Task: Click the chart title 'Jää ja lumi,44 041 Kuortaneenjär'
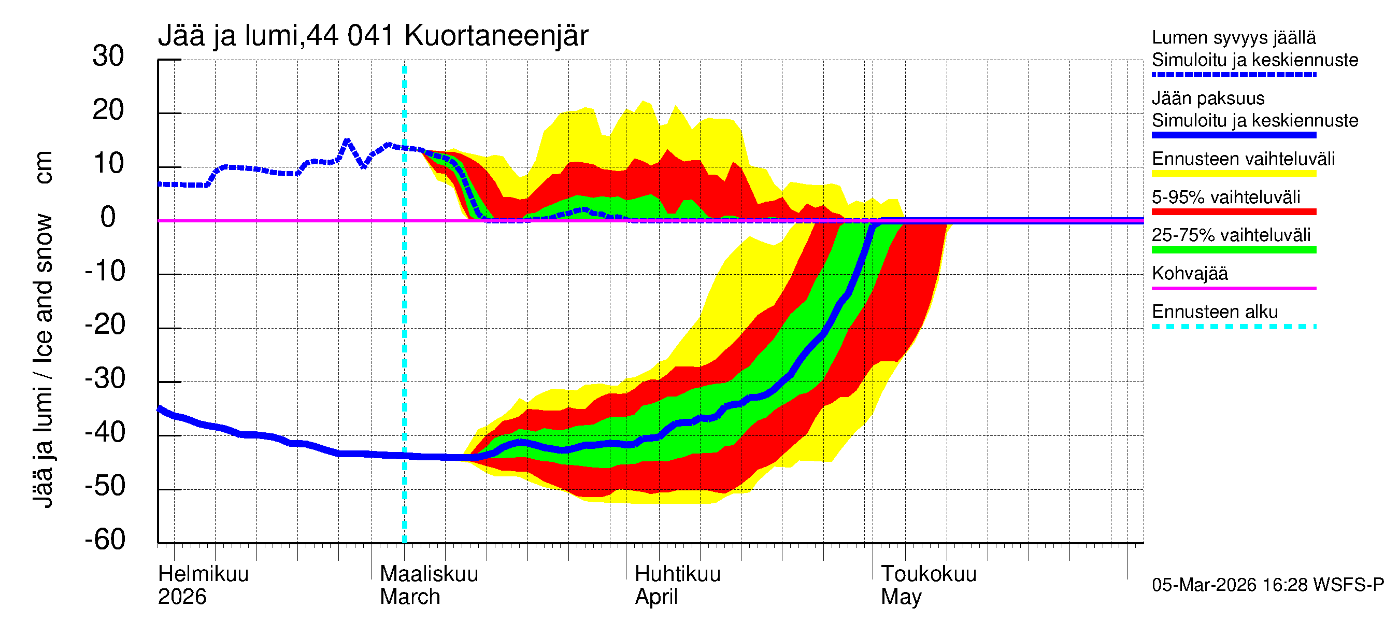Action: point(373,36)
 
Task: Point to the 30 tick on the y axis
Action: point(108,56)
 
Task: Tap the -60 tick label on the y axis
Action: point(105,540)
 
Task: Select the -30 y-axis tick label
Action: point(105,378)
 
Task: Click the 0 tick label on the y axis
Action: point(108,217)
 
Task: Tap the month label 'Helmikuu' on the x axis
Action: point(203,574)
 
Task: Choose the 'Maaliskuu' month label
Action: point(429,574)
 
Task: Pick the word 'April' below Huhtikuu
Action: point(656,597)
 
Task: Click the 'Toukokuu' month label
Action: point(928,574)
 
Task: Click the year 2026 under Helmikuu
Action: point(182,597)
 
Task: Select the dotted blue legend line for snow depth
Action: point(1233,75)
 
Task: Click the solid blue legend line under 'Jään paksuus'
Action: point(1233,135)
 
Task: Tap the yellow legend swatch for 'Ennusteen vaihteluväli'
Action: point(1233,173)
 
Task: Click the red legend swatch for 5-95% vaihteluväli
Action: point(1233,211)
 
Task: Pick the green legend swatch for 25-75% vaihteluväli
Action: point(1233,250)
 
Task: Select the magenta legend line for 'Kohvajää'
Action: point(1233,288)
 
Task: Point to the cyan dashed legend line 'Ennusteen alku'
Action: point(1233,327)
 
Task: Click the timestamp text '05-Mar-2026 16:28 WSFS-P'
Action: point(1267,585)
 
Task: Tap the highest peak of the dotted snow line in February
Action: point(347,140)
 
